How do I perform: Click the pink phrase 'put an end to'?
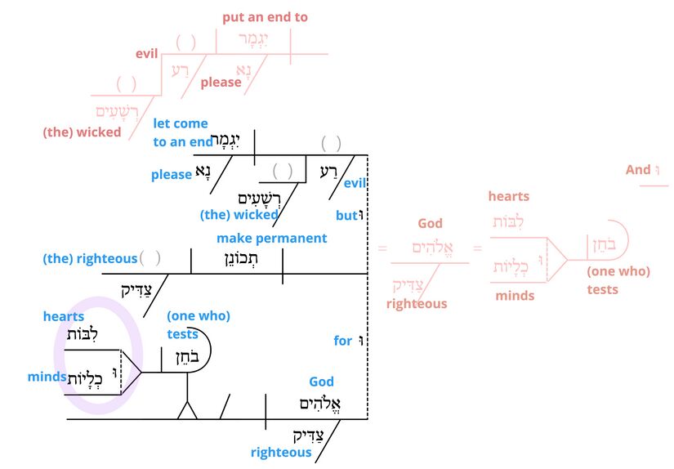pos(265,17)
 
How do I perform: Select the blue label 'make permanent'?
pos(271,239)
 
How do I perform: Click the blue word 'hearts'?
pos(64,316)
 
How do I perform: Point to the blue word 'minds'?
pos(47,377)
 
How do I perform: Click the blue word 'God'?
pos(321,382)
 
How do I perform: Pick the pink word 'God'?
pos(430,224)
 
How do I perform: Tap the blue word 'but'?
pos(346,216)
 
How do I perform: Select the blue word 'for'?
pos(342,341)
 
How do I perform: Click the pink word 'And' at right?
pos(637,170)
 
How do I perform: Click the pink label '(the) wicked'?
pos(82,132)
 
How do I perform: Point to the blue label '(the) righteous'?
pos(90,259)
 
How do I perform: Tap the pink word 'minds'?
pos(515,296)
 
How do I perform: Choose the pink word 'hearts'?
pos(508,196)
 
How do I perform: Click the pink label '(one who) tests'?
pos(618,280)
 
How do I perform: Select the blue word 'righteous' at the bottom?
pos(281,453)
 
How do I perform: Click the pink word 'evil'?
pos(146,55)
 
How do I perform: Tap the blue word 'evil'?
pos(355,184)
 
